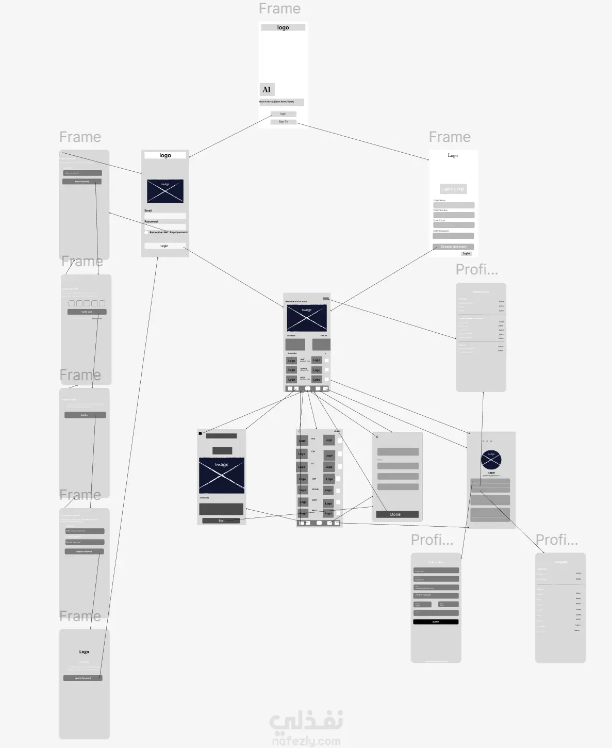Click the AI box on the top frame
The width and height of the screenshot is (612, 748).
(x=267, y=89)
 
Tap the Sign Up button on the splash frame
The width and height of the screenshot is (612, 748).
(x=283, y=122)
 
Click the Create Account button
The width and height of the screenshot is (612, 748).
(x=453, y=247)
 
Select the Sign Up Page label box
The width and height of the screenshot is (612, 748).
(x=453, y=189)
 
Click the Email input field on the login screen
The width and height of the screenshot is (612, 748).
(x=165, y=216)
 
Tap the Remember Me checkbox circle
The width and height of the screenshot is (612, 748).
(x=146, y=232)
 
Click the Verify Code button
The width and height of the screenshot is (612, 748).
(x=87, y=312)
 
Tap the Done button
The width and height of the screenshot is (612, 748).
(x=397, y=514)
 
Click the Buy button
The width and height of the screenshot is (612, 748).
(x=221, y=521)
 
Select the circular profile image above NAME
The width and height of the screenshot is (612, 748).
(x=491, y=460)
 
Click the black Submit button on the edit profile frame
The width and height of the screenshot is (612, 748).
(x=436, y=622)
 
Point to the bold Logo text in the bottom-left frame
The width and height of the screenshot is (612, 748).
(x=84, y=652)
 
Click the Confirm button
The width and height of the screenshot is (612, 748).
(x=85, y=415)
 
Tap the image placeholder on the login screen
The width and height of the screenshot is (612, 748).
(x=165, y=191)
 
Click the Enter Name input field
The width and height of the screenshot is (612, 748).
(x=453, y=205)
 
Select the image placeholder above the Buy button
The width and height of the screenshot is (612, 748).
(x=221, y=475)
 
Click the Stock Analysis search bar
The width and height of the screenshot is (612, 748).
(x=282, y=102)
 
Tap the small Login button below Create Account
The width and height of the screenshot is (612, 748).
(x=466, y=253)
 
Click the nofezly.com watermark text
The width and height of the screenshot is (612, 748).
(x=306, y=741)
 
